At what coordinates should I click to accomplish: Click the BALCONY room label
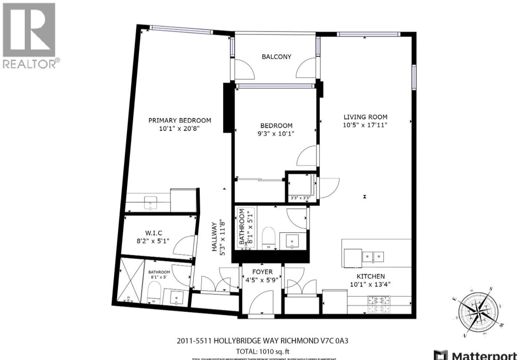(x=276, y=56)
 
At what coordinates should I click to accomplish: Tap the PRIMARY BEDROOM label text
(x=179, y=120)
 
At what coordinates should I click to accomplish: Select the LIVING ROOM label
(x=365, y=117)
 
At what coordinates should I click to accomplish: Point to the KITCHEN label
(x=370, y=276)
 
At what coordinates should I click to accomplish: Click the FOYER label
(x=262, y=272)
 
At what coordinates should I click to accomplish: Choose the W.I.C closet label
(x=154, y=233)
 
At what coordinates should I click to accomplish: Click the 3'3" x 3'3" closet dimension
(x=300, y=198)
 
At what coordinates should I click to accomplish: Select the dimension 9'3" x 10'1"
(x=276, y=134)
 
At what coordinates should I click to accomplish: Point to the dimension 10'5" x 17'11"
(x=365, y=125)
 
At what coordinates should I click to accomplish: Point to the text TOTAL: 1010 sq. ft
(x=262, y=352)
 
